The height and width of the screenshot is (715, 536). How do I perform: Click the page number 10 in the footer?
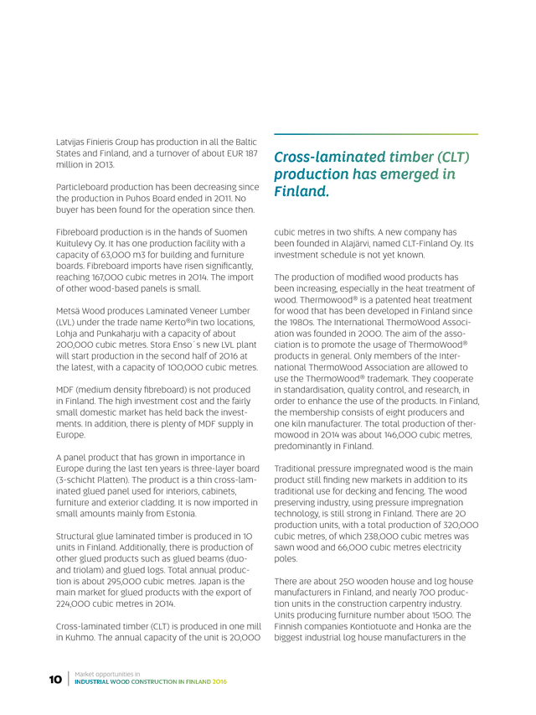click(54, 679)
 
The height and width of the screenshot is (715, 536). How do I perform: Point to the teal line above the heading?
click(376, 134)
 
